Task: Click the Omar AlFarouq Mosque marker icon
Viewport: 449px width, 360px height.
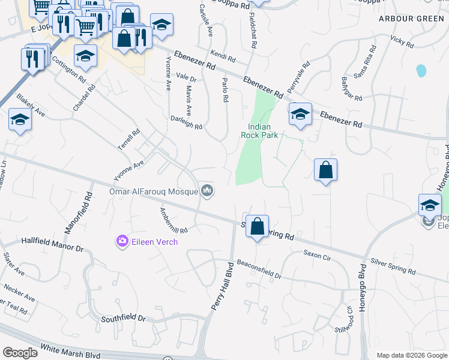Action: [x=208, y=191]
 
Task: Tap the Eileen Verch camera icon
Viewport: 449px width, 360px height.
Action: [x=122, y=241]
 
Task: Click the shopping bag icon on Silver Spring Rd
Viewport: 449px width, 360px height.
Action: [x=257, y=227]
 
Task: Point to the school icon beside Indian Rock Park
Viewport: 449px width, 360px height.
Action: [x=300, y=114]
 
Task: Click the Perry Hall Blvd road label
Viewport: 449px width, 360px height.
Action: [x=221, y=286]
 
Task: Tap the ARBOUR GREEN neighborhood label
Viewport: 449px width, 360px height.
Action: [x=412, y=19]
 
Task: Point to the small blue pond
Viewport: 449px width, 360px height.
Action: [x=421, y=71]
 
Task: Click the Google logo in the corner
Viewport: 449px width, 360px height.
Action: [x=20, y=353]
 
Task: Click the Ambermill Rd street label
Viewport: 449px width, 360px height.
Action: [x=174, y=221]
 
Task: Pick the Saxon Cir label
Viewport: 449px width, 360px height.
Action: [x=317, y=255]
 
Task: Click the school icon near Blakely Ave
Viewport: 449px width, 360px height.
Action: [x=20, y=120]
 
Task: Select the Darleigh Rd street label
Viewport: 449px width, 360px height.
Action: [x=186, y=122]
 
